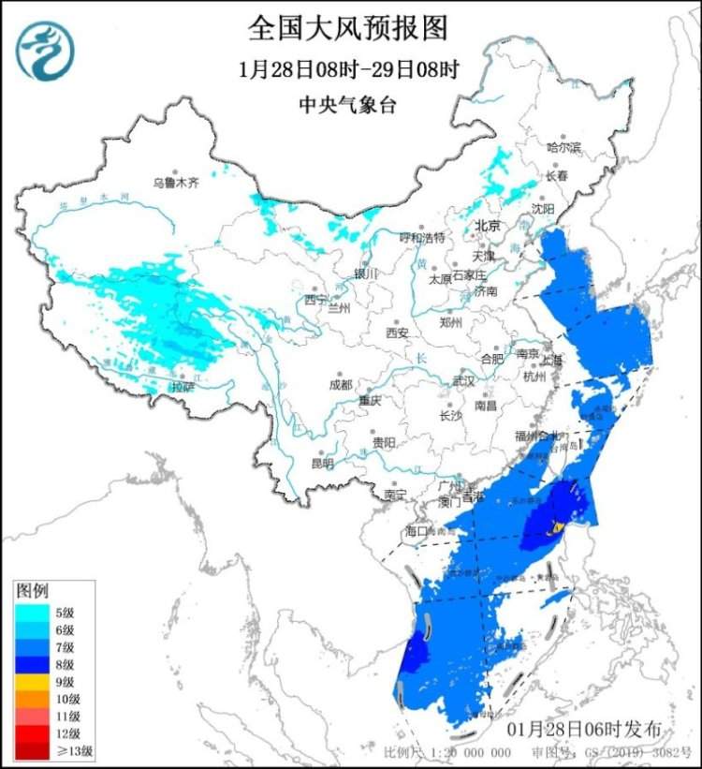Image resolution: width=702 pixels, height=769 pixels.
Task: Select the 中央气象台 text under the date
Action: (347, 105)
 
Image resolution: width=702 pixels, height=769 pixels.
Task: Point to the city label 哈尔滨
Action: (563, 147)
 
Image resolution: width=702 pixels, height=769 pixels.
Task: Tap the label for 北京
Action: (488, 226)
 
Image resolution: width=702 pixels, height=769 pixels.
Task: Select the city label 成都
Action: (341, 384)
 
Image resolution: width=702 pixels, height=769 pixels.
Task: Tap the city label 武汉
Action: (463, 381)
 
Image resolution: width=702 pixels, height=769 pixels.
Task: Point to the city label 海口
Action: (417, 531)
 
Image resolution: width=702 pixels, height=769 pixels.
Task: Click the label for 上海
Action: (551, 360)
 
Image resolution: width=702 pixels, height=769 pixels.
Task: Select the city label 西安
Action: (397, 333)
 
